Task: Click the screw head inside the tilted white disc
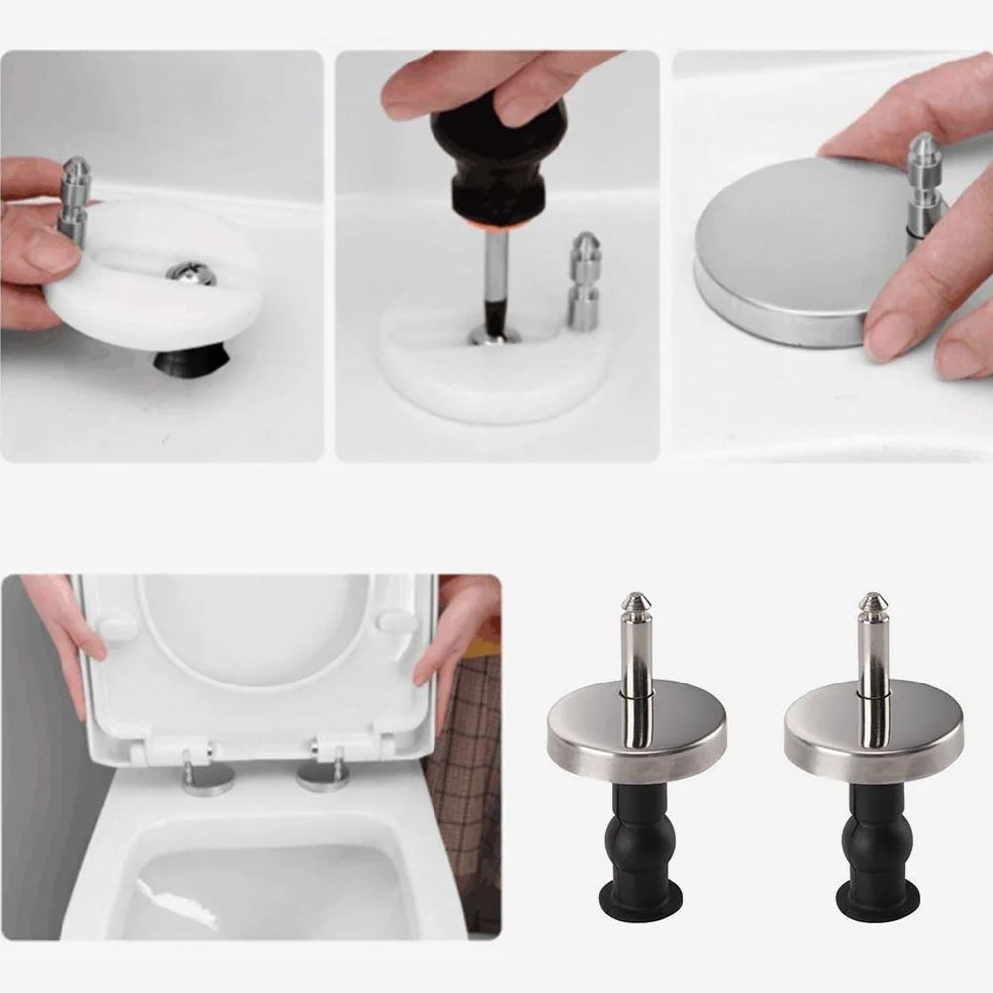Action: point(189,273)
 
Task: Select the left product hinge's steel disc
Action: point(635,734)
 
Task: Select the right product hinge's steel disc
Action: point(872,734)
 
